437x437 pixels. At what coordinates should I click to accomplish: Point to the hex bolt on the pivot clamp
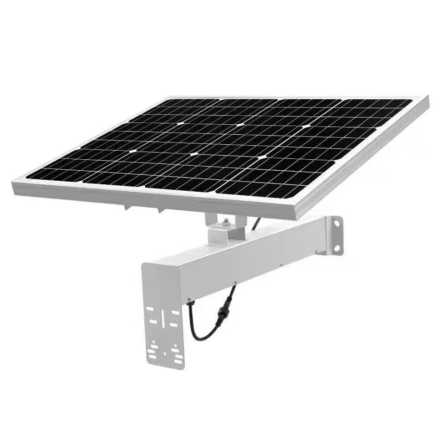pos(226,223)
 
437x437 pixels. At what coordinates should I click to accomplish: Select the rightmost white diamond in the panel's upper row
pos(305,125)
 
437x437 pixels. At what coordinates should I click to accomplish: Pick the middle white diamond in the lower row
pos(194,154)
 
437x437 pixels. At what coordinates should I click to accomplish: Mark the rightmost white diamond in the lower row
pos(261,157)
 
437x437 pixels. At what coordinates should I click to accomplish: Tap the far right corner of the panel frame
pos(428,97)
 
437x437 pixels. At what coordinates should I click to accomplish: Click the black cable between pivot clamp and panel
pos(256,223)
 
